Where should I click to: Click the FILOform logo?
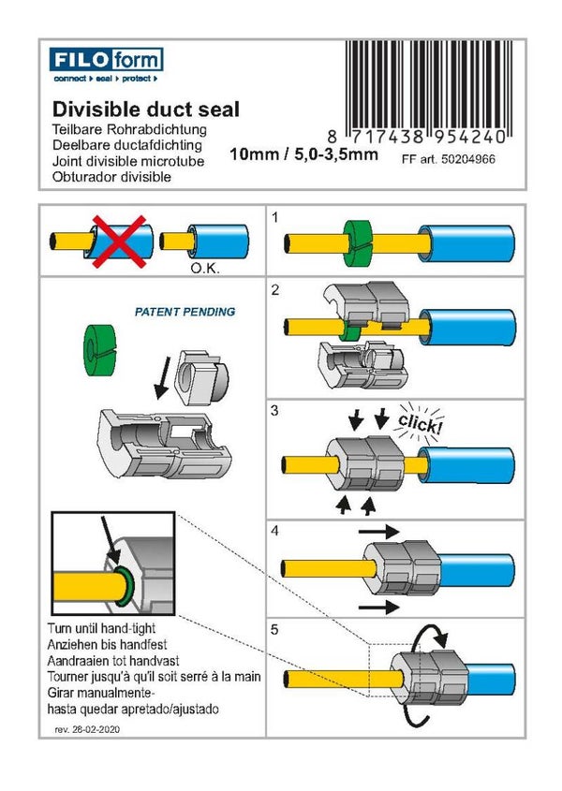107,67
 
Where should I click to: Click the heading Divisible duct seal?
145,110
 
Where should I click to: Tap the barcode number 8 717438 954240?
424,137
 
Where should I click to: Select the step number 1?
275,216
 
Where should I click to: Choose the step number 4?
275,529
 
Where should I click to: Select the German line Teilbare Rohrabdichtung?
130,130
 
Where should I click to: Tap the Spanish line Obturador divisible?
112,177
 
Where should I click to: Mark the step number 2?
275,290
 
